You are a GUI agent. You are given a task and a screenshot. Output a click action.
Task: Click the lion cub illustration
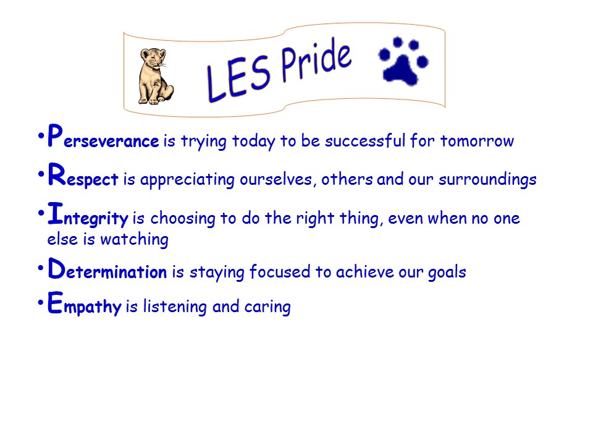[156, 76]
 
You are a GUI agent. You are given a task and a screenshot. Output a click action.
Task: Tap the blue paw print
[403, 61]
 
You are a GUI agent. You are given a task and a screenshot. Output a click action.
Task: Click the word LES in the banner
[238, 78]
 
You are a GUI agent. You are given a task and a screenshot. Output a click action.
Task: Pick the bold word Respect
[83, 175]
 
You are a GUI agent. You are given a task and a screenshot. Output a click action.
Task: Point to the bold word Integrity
[88, 215]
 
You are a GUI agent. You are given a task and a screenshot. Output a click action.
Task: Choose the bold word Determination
[107, 268]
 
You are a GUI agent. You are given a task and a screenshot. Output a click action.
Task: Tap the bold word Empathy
[85, 303]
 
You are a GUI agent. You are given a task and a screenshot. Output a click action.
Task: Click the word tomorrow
[477, 141]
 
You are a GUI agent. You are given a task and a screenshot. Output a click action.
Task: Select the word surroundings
[487, 179]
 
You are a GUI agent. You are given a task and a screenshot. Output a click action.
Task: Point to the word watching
[134, 240]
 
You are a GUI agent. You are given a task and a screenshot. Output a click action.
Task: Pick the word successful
[365, 140]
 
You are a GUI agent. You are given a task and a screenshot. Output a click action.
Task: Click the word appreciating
[187, 180]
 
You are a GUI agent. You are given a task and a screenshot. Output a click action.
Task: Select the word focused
[280, 271]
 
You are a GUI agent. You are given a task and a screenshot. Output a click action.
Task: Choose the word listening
[175, 306]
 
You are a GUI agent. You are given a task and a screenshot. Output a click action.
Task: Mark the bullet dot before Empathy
[41, 302]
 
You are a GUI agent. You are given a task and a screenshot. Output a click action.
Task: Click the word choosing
[183, 219]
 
